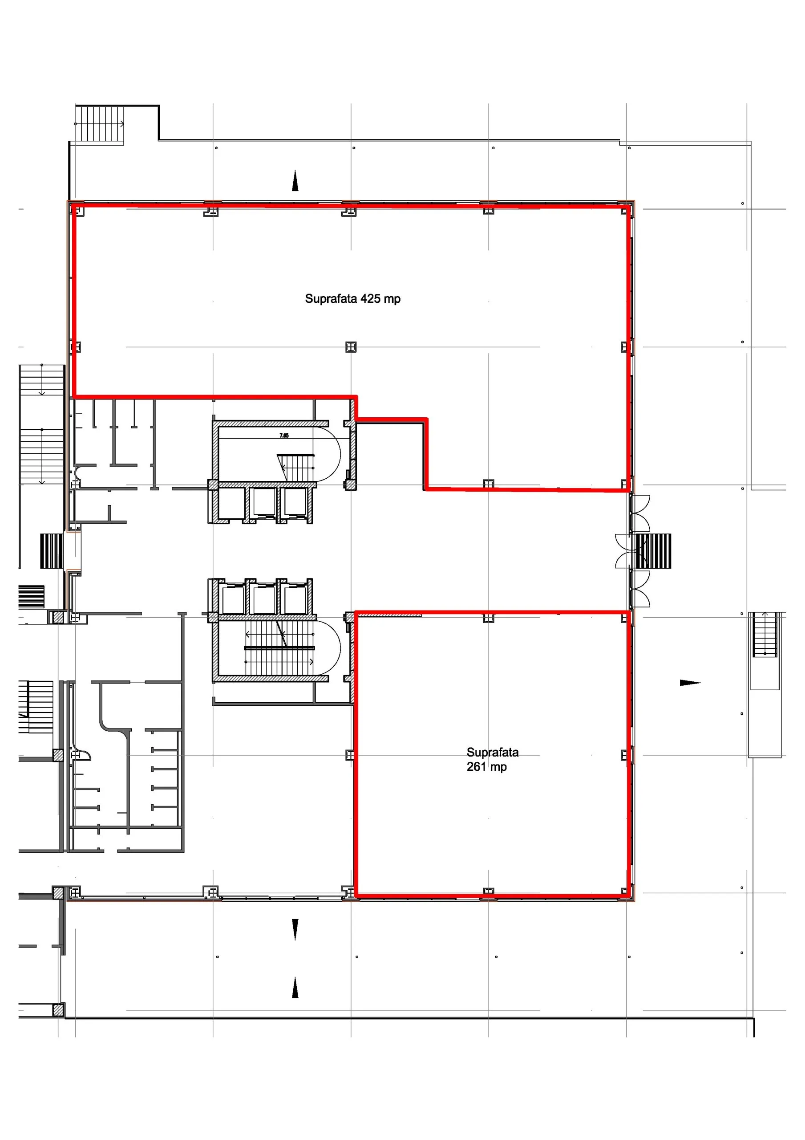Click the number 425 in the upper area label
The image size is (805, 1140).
coord(370,298)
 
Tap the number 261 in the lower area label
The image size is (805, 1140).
coord(476,767)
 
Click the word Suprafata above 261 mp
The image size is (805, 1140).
coord(492,752)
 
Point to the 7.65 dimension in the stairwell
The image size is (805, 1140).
coord(284,436)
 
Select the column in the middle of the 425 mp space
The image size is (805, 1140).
coord(351,346)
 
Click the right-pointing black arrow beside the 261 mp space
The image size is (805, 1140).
coord(690,683)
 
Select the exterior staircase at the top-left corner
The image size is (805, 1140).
coord(99,123)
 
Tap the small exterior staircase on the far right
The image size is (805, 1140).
coord(765,635)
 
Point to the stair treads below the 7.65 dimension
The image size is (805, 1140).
coord(296,467)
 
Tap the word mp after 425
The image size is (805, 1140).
coord(392,299)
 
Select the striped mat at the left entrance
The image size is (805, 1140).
coord(52,551)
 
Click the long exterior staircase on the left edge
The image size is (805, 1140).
coord(42,424)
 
